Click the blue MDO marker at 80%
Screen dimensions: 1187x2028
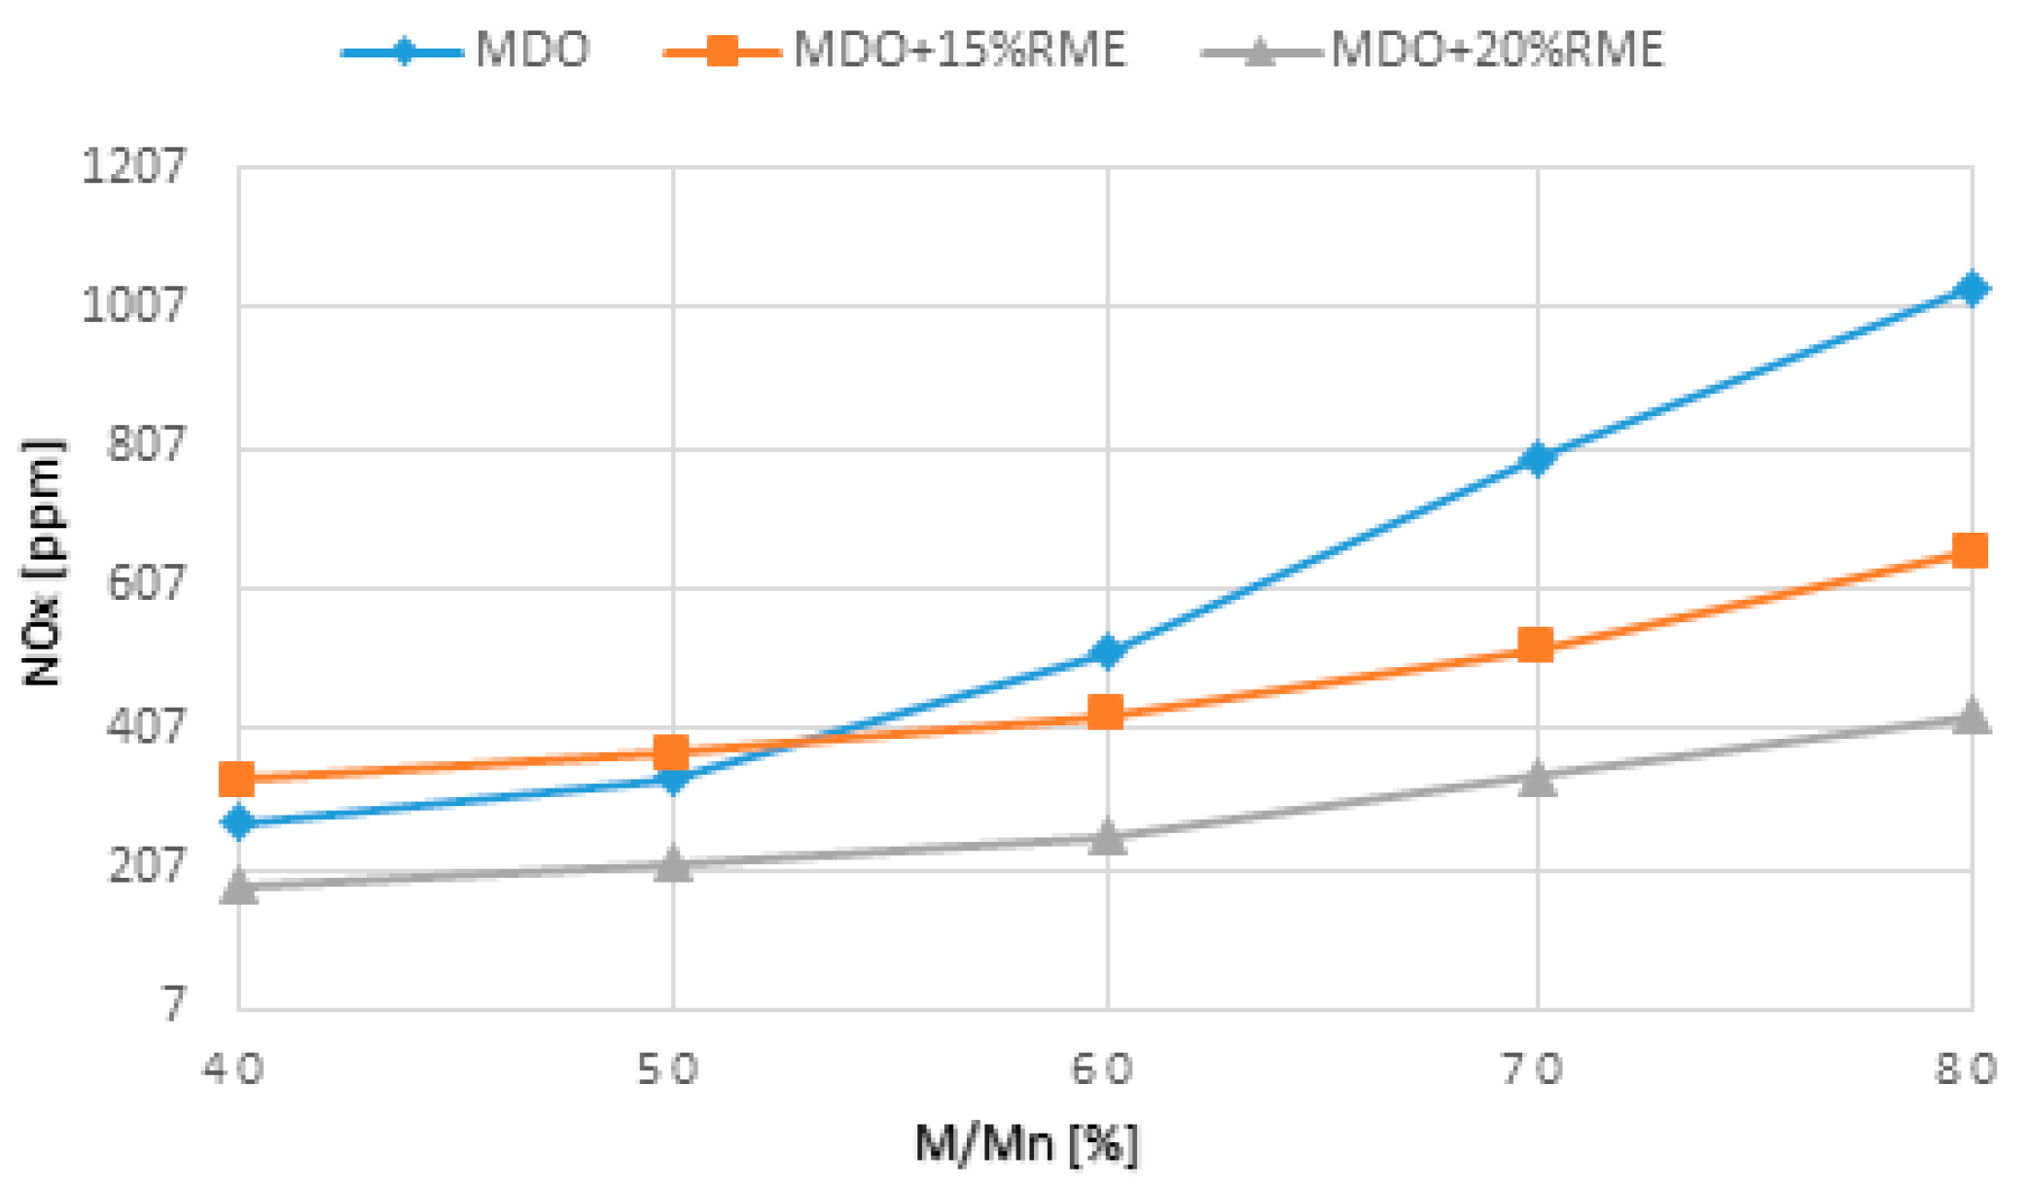point(1971,288)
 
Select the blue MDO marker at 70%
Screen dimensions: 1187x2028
point(1537,458)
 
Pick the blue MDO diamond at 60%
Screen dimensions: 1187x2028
point(1106,651)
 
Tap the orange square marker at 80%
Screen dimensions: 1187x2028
point(1970,551)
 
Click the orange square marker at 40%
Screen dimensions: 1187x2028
point(237,778)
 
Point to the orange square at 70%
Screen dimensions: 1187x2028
point(1536,645)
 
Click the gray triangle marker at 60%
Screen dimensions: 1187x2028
point(1106,837)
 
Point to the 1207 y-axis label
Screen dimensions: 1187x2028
point(132,166)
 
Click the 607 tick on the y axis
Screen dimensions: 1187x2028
point(144,584)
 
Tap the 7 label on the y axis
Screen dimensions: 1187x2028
point(173,1004)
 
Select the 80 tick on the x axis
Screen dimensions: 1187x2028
point(1965,1069)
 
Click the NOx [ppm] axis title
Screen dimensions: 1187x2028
point(41,562)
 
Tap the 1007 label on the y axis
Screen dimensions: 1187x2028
point(132,305)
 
